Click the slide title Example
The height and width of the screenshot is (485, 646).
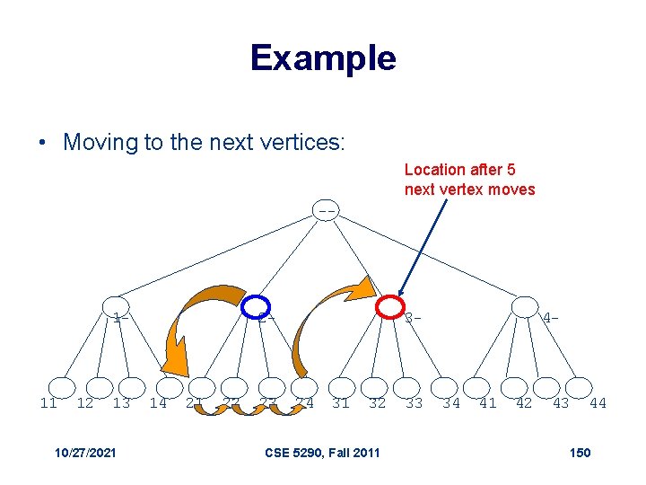(323, 57)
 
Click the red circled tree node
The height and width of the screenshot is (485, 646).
(390, 307)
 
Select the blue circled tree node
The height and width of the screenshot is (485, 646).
(257, 307)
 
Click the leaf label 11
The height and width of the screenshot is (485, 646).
(48, 403)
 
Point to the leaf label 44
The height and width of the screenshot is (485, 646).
(598, 403)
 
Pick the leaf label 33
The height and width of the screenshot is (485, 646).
(414, 403)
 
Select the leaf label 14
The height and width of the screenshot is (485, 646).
(158, 403)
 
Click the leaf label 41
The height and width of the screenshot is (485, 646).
(487, 403)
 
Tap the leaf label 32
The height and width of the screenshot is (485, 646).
(377, 403)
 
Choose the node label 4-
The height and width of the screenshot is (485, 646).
(551, 317)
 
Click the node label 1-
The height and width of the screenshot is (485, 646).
(121, 317)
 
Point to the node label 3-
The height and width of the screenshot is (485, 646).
(413, 317)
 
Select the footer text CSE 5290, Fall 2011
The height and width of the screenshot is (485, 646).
(323, 452)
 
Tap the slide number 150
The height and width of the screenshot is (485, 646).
(580, 452)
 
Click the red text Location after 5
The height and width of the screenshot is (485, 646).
(459, 170)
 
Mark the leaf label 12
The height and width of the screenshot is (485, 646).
(85, 403)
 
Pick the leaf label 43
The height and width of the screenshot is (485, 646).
(561, 403)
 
